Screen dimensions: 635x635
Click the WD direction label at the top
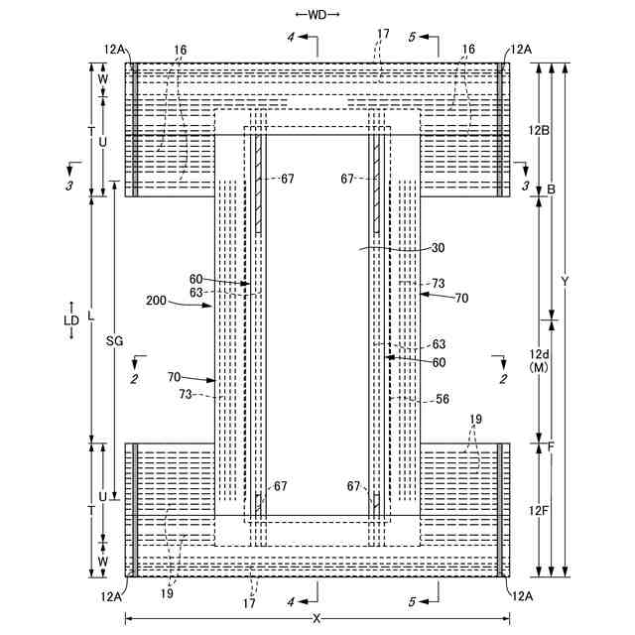(317, 14)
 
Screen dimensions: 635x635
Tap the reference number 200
(156, 299)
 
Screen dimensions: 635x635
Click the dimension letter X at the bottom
(317, 618)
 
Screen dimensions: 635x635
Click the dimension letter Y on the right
(565, 282)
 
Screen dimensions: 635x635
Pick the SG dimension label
(113, 339)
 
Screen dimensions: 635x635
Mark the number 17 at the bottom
(249, 602)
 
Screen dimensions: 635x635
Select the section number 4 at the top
(291, 37)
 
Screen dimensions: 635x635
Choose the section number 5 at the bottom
(411, 600)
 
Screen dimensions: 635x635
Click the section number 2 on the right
(503, 378)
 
